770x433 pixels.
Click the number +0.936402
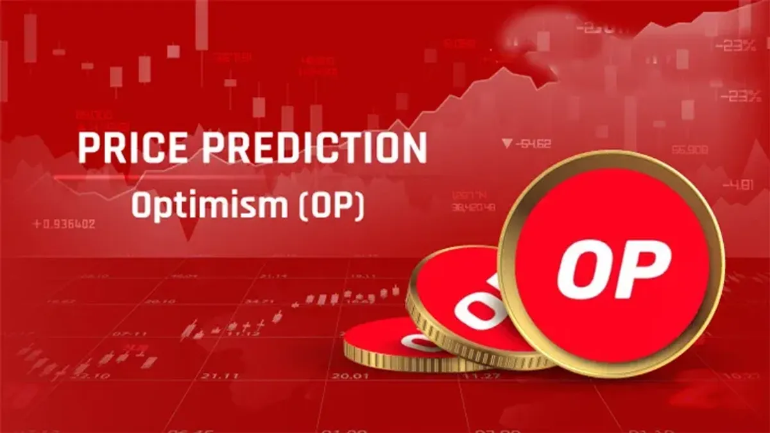pos(64,225)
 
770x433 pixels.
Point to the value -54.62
pos(533,144)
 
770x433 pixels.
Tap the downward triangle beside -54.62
pos(508,144)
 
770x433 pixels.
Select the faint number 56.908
pos(690,149)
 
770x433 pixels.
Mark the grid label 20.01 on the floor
pos(350,376)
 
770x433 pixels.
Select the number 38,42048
pos(473,207)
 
